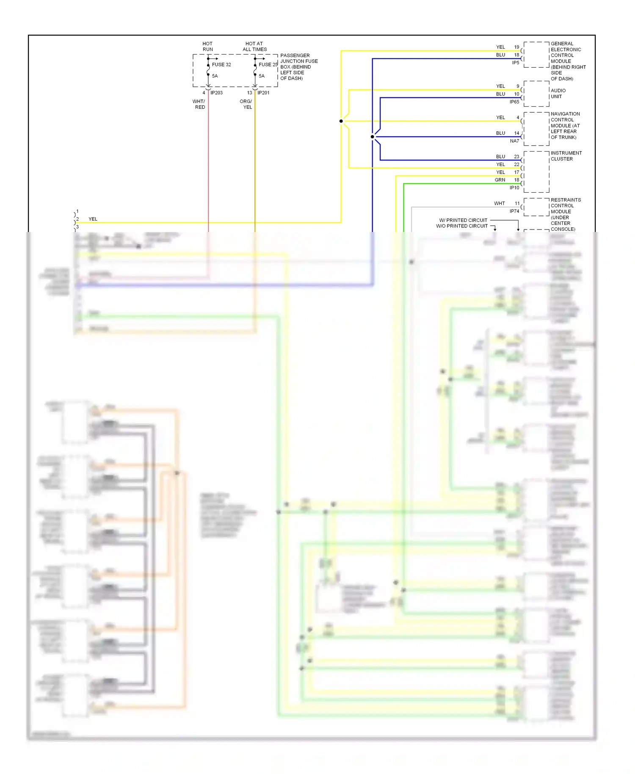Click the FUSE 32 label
tap(221, 65)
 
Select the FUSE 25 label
tap(268, 65)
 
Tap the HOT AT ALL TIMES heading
tap(254, 47)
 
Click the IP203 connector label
tap(216, 93)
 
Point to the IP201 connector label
tap(263, 93)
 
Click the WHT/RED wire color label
tap(199, 104)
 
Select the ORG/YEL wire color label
tap(246, 104)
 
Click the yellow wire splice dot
tap(341, 121)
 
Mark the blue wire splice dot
tap(373, 137)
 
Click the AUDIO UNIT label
tap(558, 94)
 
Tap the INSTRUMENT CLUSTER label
tap(566, 156)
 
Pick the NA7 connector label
tap(514, 141)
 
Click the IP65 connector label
tap(514, 102)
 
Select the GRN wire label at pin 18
tap(500, 180)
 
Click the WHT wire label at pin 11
tap(500, 204)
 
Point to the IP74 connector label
tap(514, 211)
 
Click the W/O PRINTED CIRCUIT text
tap(462, 226)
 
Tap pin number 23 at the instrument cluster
tap(516, 157)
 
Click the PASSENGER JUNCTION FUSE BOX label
tap(298, 67)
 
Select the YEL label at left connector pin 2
tap(93, 219)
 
